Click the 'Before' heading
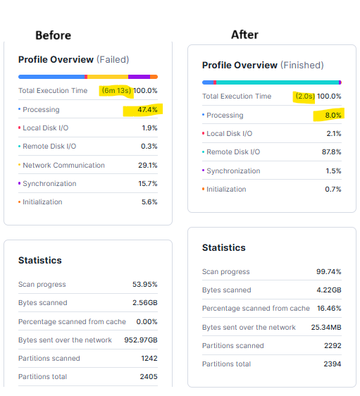pyautogui.click(x=53, y=35)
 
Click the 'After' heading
pyautogui.click(x=244, y=35)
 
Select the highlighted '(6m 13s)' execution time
pyautogui.click(x=116, y=90)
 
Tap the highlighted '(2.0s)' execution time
pyautogui.click(x=304, y=97)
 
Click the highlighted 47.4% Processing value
pyautogui.click(x=147, y=109)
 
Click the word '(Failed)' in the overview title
pyautogui.click(x=113, y=60)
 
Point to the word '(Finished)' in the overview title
pyautogui.click(x=302, y=66)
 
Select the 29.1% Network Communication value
pyautogui.click(x=147, y=165)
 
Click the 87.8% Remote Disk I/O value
pyautogui.click(x=330, y=152)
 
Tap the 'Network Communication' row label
pyautogui.click(x=63, y=165)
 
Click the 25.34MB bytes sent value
pyautogui.click(x=325, y=327)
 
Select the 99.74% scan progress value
pyautogui.click(x=328, y=272)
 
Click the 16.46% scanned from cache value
pyautogui.click(x=328, y=309)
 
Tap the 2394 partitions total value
pyautogui.click(x=332, y=364)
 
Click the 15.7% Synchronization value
pyautogui.click(x=147, y=183)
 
